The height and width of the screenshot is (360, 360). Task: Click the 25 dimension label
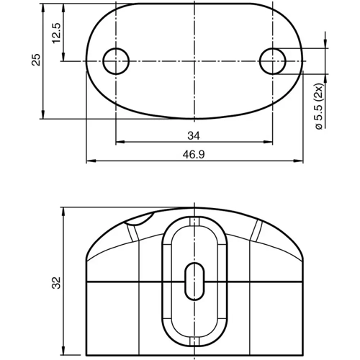click(x=36, y=60)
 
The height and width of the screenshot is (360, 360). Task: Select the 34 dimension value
click(x=194, y=135)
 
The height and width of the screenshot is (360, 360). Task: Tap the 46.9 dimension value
click(x=194, y=155)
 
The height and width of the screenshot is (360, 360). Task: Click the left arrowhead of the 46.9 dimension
click(x=89, y=161)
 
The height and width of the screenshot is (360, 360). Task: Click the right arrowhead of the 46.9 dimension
click(x=298, y=161)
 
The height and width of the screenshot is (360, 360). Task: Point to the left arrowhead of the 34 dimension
click(x=118, y=141)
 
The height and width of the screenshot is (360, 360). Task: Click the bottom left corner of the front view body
click(x=86, y=356)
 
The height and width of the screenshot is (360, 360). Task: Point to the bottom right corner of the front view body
click(x=301, y=356)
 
